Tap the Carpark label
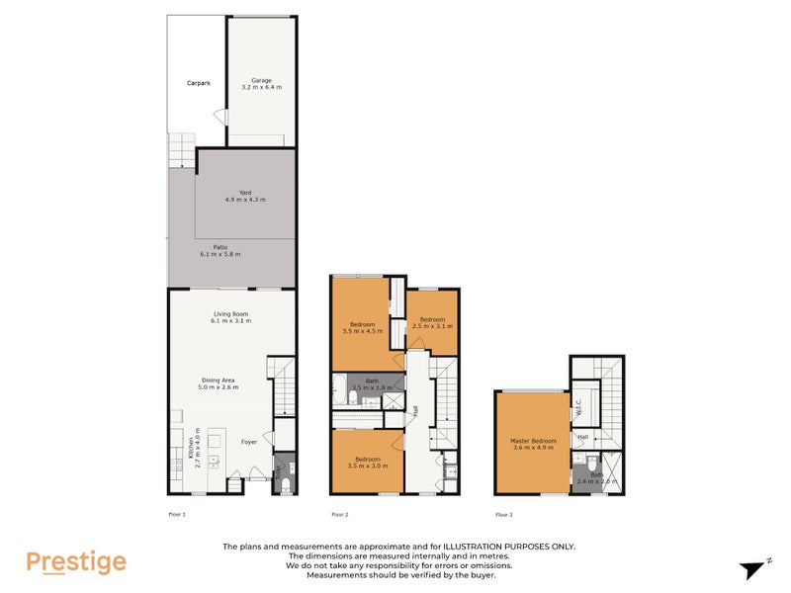(199, 83)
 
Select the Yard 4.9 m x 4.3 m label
(246, 196)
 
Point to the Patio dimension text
(220, 254)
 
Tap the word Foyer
(249, 442)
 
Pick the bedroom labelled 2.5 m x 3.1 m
(433, 322)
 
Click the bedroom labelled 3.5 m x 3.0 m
(367, 463)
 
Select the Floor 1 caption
(177, 515)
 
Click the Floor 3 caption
(503, 515)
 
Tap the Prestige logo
(76, 562)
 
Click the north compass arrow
(753, 568)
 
